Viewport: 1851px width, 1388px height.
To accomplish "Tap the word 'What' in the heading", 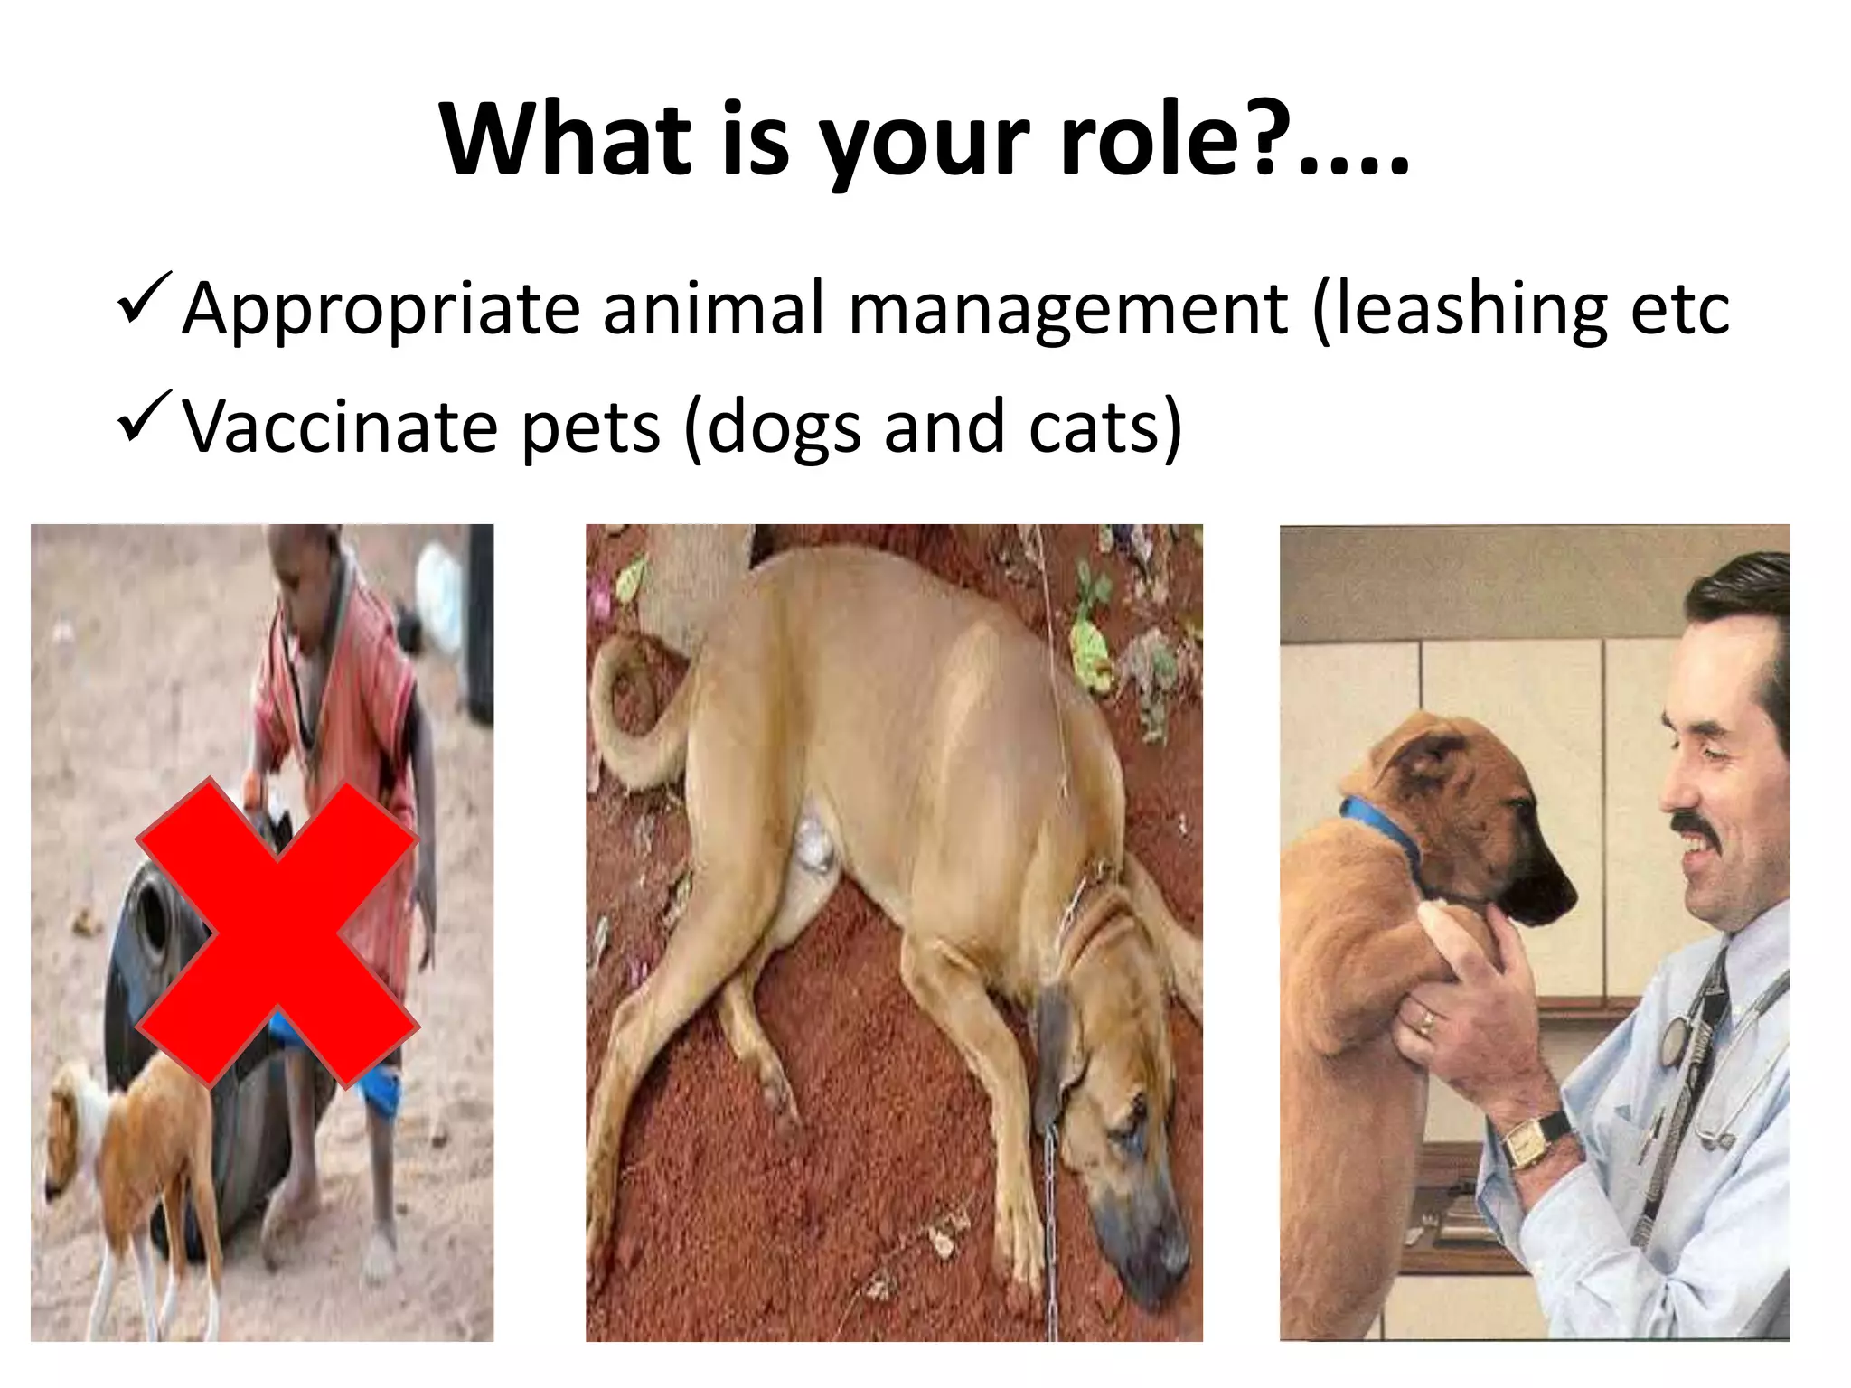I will [566, 140].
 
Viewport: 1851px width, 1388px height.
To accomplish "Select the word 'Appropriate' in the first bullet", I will [381, 310].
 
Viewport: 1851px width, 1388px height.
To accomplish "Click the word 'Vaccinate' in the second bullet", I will [340, 427].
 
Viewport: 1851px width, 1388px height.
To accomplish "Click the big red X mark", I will [277, 931].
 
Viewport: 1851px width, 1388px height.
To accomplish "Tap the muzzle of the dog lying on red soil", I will [1143, 1238].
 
